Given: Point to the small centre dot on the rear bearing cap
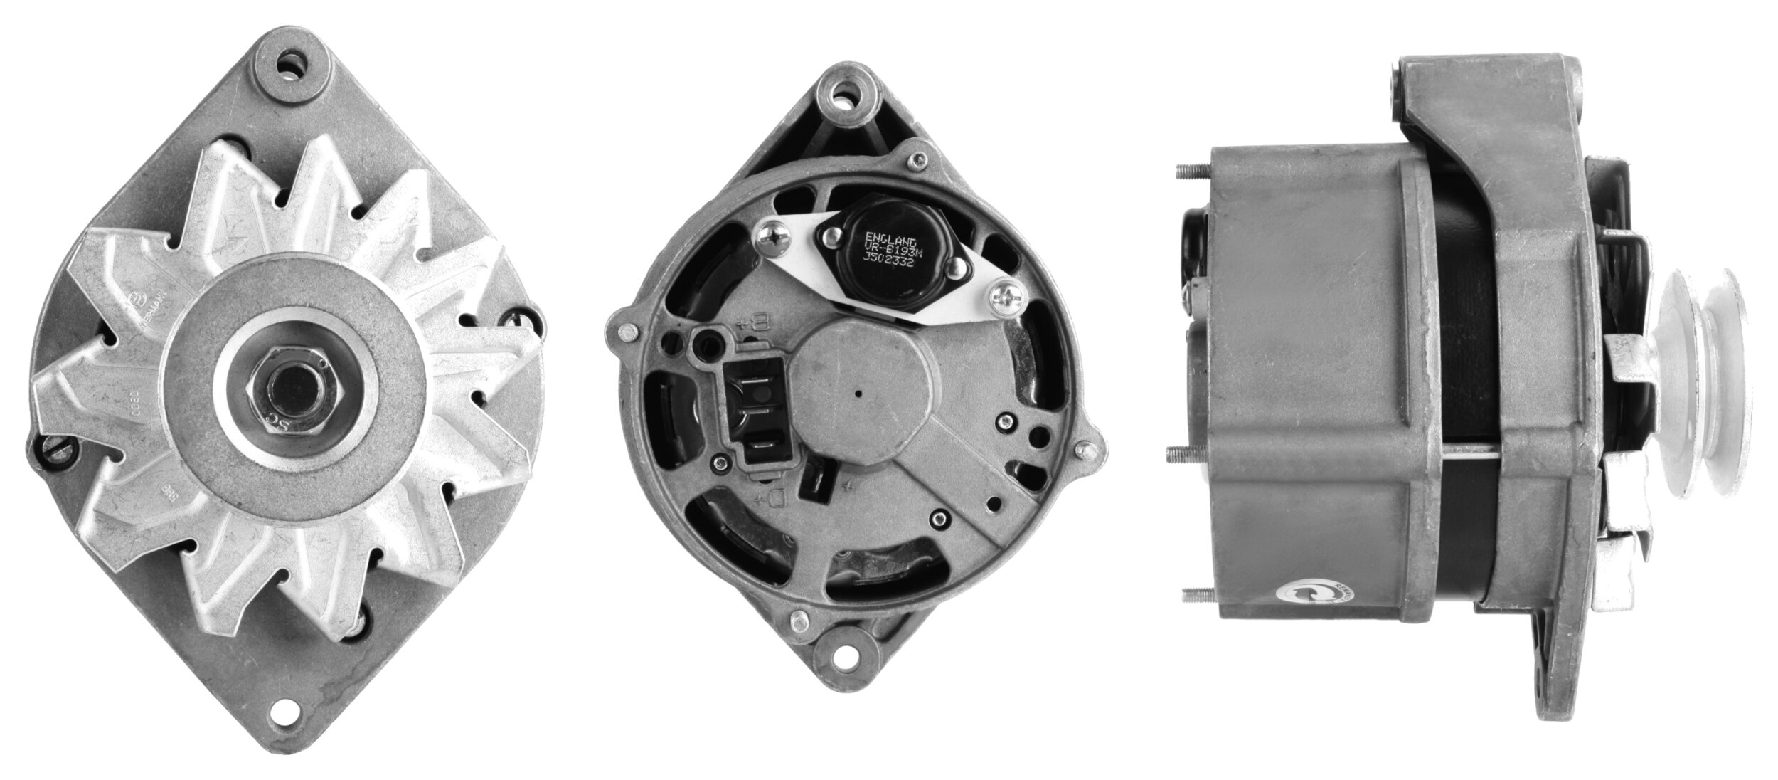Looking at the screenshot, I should (x=858, y=392).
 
